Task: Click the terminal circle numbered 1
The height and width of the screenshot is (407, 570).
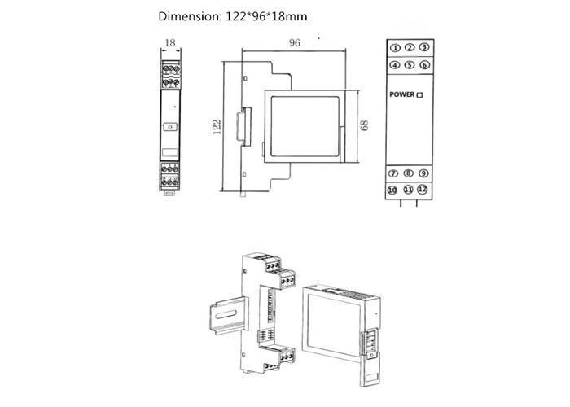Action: pyautogui.click(x=395, y=48)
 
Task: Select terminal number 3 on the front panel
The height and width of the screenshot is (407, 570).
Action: pyautogui.click(x=424, y=48)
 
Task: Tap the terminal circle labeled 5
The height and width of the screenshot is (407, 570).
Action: pyautogui.click(x=410, y=65)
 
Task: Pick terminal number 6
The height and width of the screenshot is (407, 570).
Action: pyautogui.click(x=424, y=65)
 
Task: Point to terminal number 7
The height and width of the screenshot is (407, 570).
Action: pyautogui.click(x=393, y=173)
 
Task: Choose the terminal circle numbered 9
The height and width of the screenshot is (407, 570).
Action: pyautogui.click(x=423, y=173)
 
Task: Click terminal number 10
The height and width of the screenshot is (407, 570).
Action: pyautogui.click(x=392, y=190)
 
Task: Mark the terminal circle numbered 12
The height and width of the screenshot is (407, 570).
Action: pyautogui.click(x=422, y=190)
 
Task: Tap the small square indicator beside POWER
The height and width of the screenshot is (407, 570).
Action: pyautogui.click(x=420, y=96)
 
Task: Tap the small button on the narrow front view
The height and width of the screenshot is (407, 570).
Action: pyautogui.click(x=169, y=127)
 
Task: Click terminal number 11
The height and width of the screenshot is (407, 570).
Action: pyautogui.click(x=407, y=190)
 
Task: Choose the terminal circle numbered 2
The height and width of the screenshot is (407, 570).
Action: pyautogui.click(x=410, y=48)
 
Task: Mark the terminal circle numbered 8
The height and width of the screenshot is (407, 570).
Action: pyautogui.click(x=408, y=173)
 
